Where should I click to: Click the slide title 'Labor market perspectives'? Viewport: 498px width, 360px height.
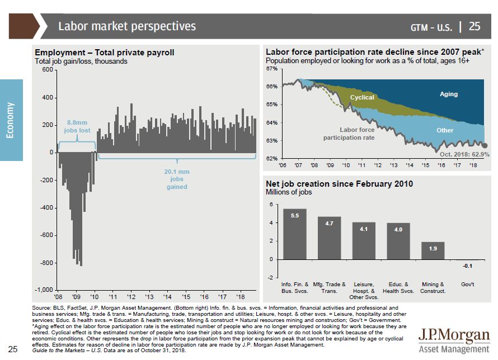pyautogui.click(x=127, y=26)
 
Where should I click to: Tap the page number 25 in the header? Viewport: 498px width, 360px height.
pyautogui.click(x=474, y=26)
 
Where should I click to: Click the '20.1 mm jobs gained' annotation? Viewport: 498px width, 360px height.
pyautogui.click(x=177, y=179)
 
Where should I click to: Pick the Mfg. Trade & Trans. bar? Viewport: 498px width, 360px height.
pyautogui.click(x=329, y=238)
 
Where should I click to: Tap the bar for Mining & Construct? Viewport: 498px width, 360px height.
pyautogui.click(x=433, y=250)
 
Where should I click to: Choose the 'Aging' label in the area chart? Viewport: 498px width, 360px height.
pyautogui.click(x=449, y=94)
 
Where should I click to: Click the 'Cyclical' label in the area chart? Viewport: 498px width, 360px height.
pyautogui.click(x=362, y=98)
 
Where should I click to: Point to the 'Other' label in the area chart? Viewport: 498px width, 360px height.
pyautogui.click(x=445, y=130)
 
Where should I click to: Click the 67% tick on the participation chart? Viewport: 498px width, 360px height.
pyautogui.click(x=272, y=69)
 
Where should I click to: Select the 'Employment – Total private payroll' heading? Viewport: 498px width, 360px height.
pyautogui.click(x=105, y=53)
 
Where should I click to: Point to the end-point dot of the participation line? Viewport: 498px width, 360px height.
pyautogui.click(x=485, y=145)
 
